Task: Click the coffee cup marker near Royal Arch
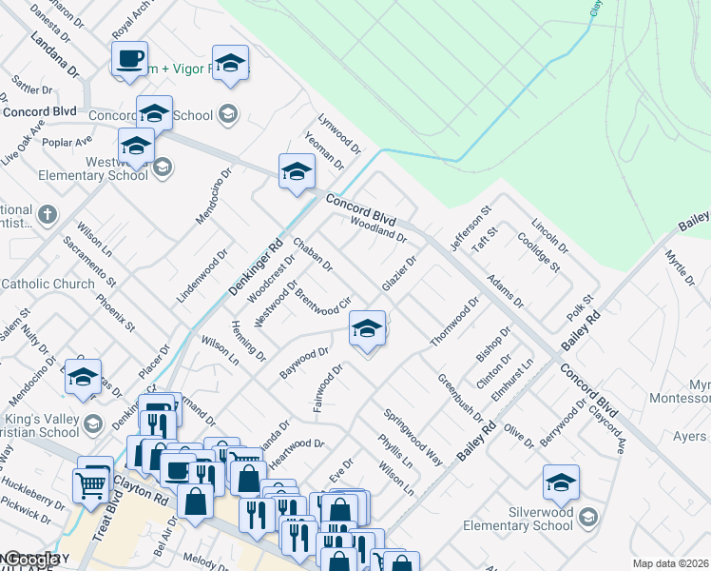pyautogui.click(x=128, y=58)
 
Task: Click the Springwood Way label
pyautogui.click(x=413, y=437)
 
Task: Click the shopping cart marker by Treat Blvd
pyautogui.click(x=91, y=484)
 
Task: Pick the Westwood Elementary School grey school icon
pyautogui.click(x=162, y=168)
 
